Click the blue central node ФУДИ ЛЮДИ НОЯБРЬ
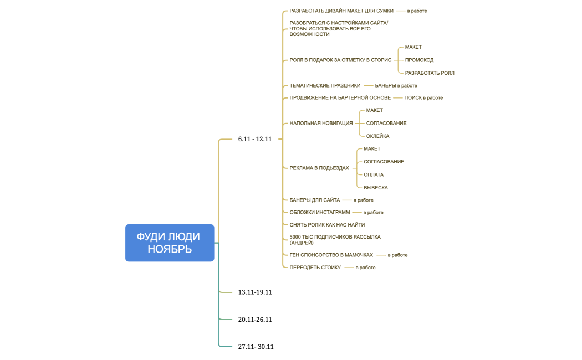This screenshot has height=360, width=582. pyautogui.click(x=170, y=243)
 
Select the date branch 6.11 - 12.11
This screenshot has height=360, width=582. pyautogui.click(x=255, y=139)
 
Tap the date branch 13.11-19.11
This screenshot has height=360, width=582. pyautogui.click(x=255, y=292)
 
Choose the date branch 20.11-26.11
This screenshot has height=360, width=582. pyautogui.click(x=255, y=320)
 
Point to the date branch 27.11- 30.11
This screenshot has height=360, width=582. pyautogui.click(x=256, y=347)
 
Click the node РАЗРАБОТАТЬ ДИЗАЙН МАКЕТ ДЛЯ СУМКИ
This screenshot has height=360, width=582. pyautogui.click(x=341, y=11)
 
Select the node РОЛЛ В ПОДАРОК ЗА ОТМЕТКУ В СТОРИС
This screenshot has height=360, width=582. pyautogui.click(x=340, y=60)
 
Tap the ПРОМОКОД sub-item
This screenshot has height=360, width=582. pyautogui.click(x=419, y=60)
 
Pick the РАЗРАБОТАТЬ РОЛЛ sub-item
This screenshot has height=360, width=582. pyautogui.click(x=430, y=73)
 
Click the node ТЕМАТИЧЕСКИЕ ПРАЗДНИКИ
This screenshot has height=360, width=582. pyautogui.click(x=325, y=85)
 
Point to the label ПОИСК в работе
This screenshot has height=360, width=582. pyautogui.click(x=423, y=97)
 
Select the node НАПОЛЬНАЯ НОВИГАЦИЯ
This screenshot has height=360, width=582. pyautogui.click(x=321, y=123)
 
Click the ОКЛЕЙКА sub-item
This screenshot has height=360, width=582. pyautogui.click(x=377, y=136)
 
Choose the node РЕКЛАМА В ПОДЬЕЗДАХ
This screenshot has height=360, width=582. pyautogui.click(x=319, y=168)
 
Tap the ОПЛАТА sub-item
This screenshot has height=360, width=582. pyautogui.click(x=374, y=174)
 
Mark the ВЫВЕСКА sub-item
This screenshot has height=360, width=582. pyautogui.click(x=376, y=188)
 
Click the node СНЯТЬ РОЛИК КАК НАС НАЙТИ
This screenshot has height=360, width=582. pyautogui.click(x=327, y=224)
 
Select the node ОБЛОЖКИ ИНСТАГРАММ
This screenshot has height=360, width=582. pyautogui.click(x=320, y=212)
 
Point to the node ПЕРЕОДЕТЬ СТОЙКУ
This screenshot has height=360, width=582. pyautogui.click(x=315, y=268)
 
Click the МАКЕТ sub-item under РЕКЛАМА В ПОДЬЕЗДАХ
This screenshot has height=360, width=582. pyautogui.click(x=372, y=148)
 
